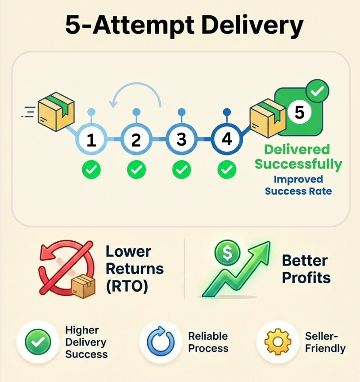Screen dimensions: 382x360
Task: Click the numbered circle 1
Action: point(91,140)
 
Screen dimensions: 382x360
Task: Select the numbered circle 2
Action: point(136,140)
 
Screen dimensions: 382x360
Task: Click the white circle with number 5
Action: point(299,112)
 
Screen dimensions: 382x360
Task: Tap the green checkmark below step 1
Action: point(91,170)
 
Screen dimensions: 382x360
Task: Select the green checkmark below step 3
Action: point(181,170)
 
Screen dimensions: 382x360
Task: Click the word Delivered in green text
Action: point(297,150)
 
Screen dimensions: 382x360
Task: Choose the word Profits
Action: point(306,277)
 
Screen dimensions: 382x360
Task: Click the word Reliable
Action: point(208,336)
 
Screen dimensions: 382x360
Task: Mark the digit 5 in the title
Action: point(75,26)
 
